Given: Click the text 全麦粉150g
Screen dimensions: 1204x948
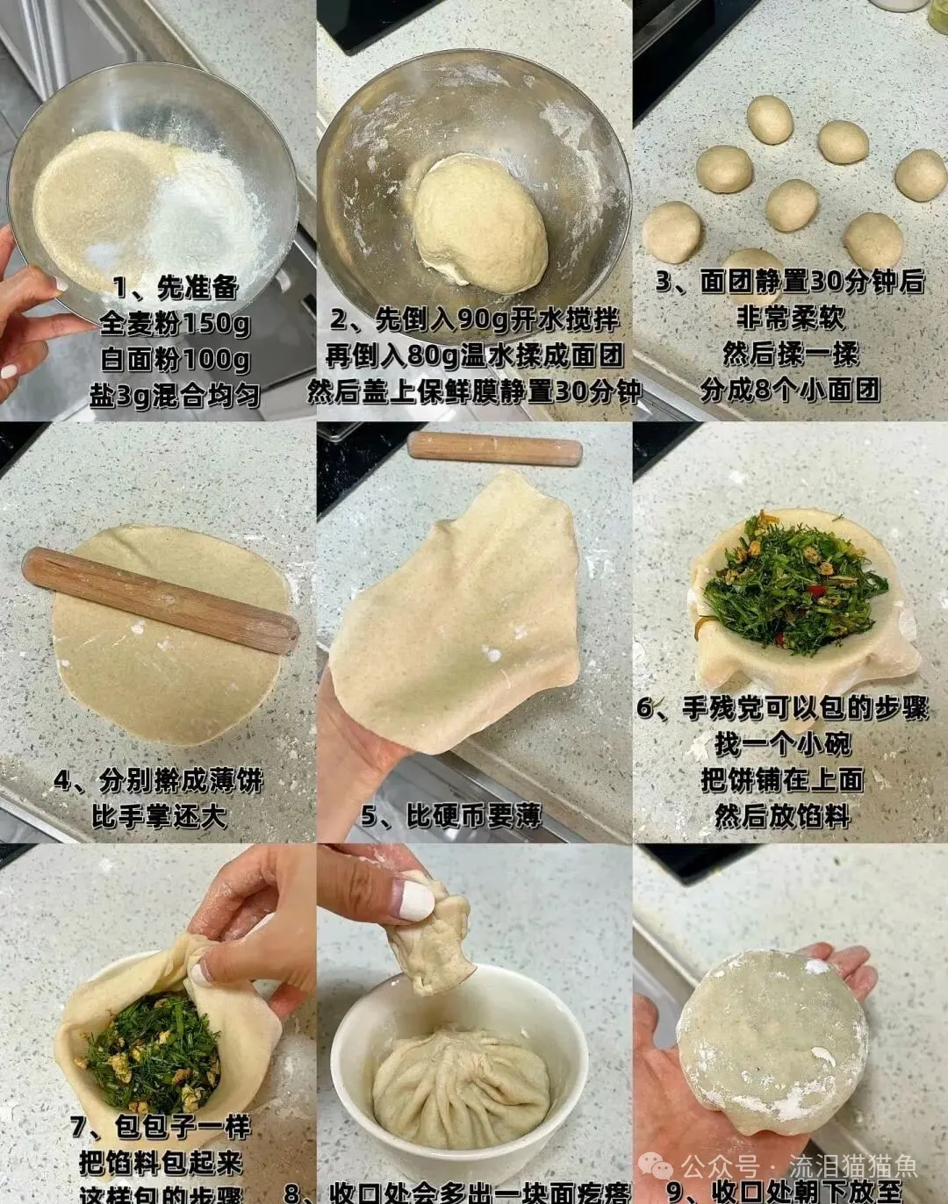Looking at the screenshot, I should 175,323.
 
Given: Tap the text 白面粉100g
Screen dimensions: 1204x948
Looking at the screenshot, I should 175,359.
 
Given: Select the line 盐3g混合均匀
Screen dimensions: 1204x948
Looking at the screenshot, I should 175,395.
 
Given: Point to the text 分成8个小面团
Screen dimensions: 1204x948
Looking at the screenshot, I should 789,389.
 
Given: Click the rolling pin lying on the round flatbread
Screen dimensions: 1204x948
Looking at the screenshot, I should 161,600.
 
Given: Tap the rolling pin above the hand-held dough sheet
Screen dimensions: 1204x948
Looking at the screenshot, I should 494,448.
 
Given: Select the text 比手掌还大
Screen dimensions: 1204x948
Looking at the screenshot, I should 159,816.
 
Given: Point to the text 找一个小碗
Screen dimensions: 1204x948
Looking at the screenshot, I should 782,744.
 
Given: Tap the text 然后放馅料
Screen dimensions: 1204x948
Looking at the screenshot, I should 782,816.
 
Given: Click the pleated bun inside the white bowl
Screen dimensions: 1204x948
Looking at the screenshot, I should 461,1088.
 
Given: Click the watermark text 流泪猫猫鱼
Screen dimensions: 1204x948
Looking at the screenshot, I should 852,1166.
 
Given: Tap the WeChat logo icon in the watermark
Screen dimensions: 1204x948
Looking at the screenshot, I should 657,1166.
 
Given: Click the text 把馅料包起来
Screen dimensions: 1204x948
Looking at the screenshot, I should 161,1163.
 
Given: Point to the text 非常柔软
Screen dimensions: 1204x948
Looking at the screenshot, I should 789,317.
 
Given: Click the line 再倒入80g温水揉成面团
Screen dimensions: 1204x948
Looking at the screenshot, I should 474,355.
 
